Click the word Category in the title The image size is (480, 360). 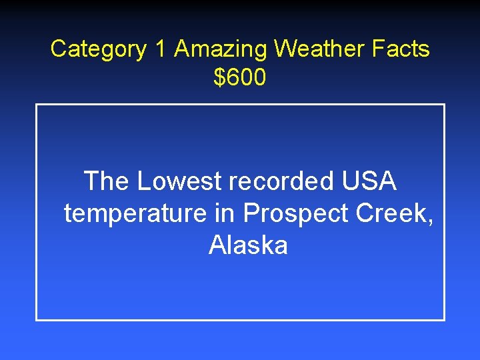pos(98,49)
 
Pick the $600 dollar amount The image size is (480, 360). pos(240,78)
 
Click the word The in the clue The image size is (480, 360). pos(107,181)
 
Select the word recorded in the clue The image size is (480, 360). pos(283,181)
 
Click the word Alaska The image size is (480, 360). pos(248,245)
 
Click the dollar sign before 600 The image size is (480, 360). pos(219,78)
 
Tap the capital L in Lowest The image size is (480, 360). pos(143,181)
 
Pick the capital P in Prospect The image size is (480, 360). pos(250,213)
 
